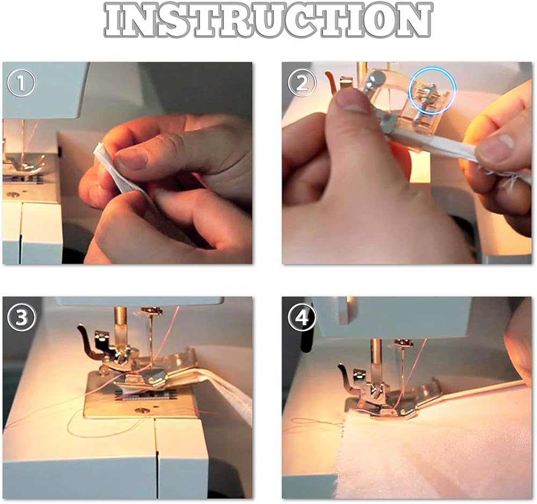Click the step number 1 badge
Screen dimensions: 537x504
(21, 84)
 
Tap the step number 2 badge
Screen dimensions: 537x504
(302, 84)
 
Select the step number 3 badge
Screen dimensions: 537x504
(21, 318)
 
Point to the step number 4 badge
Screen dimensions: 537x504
(302, 318)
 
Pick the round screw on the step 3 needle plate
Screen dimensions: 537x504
(140, 409)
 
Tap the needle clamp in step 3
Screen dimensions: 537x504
(152, 310)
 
